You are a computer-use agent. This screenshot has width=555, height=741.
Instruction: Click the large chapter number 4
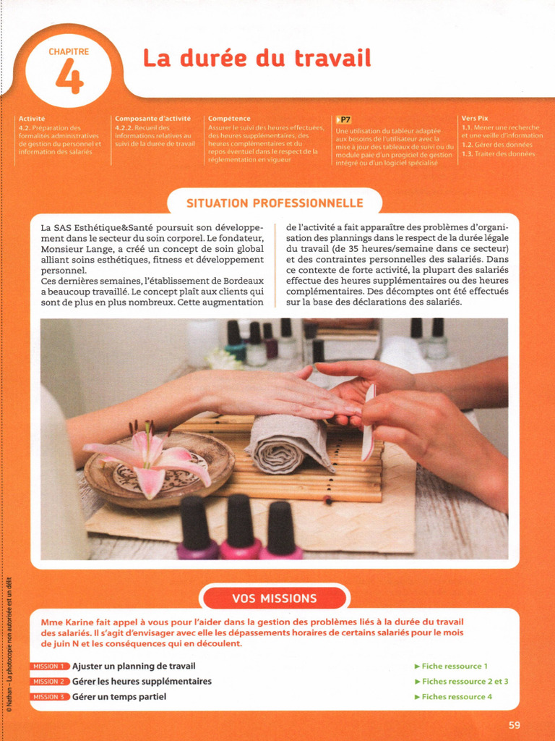coord(69,77)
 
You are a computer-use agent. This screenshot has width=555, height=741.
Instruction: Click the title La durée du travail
coord(257,58)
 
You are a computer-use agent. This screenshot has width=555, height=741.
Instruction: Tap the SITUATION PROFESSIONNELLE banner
coord(275,203)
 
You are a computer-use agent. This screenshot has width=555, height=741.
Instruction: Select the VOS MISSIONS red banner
coord(275,598)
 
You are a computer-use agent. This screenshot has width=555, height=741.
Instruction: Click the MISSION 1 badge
coord(50,666)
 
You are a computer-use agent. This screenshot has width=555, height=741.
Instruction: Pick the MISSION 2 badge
coord(50,682)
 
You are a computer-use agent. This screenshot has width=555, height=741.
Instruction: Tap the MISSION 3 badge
coord(50,697)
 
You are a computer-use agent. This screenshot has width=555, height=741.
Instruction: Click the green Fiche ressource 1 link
coord(452,666)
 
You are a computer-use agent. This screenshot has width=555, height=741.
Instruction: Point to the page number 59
coord(514,725)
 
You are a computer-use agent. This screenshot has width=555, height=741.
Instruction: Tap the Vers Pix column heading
coord(475,118)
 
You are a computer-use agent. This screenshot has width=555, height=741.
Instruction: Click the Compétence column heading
coord(229,118)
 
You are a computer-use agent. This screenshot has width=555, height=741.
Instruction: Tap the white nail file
coord(369,420)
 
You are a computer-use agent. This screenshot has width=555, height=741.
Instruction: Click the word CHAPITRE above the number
coord(69,52)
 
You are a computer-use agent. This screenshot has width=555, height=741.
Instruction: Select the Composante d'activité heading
coord(152,118)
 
